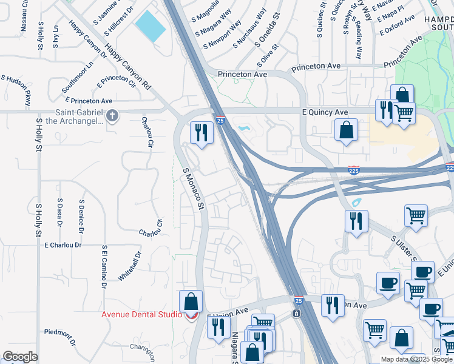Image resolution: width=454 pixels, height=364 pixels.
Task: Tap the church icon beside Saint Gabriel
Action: (x=112, y=115)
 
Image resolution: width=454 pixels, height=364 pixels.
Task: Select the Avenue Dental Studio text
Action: (x=141, y=314)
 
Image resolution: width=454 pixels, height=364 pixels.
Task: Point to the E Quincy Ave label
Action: (x=325, y=112)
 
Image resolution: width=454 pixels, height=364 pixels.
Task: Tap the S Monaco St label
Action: (x=193, y=189)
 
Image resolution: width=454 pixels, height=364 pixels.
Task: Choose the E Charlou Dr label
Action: (x=63, y=244)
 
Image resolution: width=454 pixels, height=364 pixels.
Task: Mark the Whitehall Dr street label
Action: (x=130, y=265)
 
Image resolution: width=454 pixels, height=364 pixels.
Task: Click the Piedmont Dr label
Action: (x=59, y=336)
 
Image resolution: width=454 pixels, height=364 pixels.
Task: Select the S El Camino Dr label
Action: (x=104, y=266)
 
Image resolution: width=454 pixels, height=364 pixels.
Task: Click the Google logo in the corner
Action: (x=20, y=357)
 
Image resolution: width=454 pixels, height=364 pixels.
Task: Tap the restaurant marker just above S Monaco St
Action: (x=201, y=132)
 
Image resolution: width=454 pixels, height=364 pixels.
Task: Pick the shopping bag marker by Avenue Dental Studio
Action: (x=191, y=301)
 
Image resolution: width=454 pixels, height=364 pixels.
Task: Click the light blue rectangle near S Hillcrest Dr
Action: (x=150, y=26)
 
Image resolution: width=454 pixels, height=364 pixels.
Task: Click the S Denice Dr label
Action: (x=81, y=216)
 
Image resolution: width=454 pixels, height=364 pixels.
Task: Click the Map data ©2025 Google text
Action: (x=416, y=359)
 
